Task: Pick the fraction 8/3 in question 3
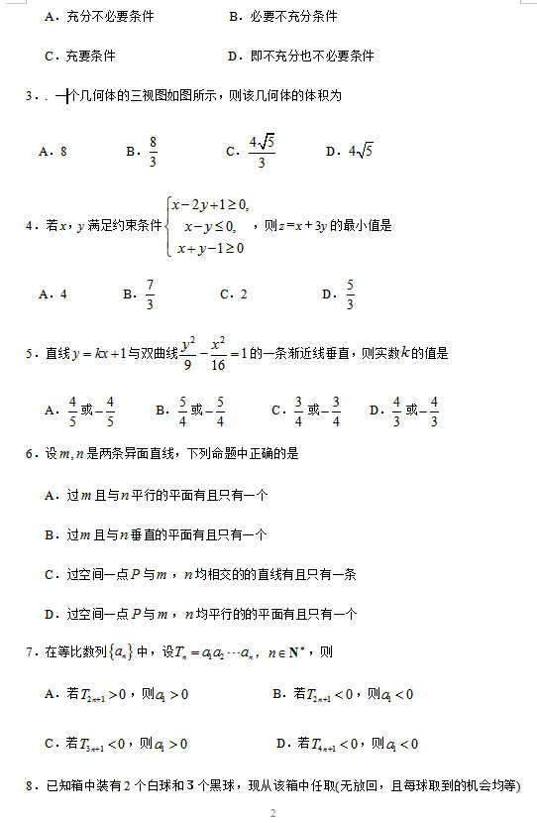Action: (x=153, y=152)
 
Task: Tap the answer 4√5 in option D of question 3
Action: (x=359, y=151)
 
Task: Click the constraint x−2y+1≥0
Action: (x=210, y=205)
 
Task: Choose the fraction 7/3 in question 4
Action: (x=150, y=294)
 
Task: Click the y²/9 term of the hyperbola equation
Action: (x=188, y=352)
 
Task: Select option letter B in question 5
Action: (x=161, y=410)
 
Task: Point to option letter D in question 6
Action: (x=50, y=615)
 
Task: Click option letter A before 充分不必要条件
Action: (x=50, y=17)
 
